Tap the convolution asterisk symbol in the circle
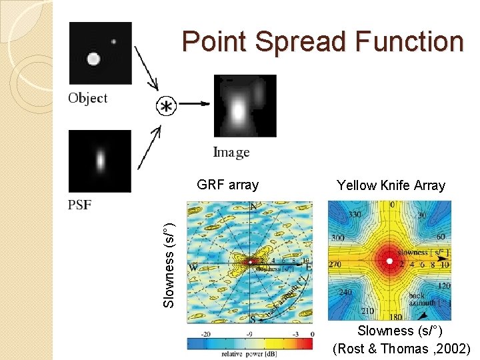pyautogui.click(x=165, y=105)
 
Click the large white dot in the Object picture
pyautogui.click(x=93, y=59)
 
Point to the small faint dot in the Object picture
pyautogui.click(x=114, y=41)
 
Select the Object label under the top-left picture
pyautogui.click(x=87, y=98)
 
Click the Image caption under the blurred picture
pyautogui.click(x=231, y=153)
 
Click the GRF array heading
pyautogui.click(x=228, y=185)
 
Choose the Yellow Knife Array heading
pyautogui.click(x=391, y=185)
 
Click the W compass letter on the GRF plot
pyautogui.click(x=193, y=267)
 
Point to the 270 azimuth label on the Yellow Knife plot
pyautogui.click(x=336, y=264)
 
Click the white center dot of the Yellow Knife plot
pyautogui.click(x=389, y=261)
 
